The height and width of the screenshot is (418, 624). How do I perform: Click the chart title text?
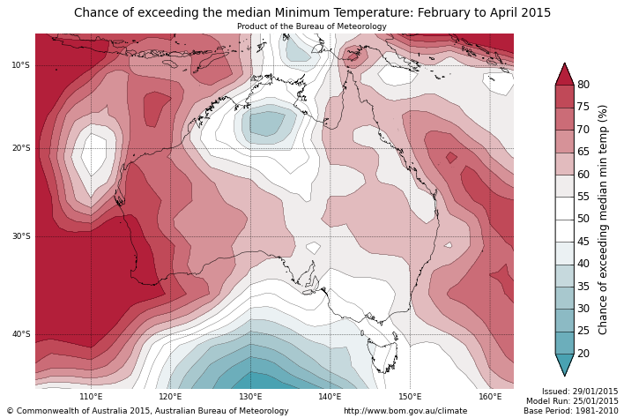312,13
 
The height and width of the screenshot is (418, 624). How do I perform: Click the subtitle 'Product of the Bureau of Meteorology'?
312,26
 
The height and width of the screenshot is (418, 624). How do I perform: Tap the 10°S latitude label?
20,65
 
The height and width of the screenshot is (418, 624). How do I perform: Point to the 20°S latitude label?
20,148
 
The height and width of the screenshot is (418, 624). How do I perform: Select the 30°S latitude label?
20,236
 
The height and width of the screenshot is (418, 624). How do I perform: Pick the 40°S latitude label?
20,334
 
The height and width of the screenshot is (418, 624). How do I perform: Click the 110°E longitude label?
91,397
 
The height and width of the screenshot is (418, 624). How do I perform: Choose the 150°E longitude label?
410,397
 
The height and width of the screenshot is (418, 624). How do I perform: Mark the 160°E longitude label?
490,397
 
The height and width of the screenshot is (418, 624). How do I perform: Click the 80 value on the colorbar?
583,85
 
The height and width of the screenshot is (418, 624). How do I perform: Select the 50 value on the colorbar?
583,219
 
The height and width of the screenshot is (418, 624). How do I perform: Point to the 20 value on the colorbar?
583,354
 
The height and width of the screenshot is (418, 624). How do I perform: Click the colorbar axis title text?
604,219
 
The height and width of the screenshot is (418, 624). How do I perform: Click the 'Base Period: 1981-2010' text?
571,411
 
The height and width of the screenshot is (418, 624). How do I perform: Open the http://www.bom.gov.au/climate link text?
405,411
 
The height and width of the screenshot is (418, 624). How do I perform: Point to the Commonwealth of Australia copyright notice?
147,411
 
